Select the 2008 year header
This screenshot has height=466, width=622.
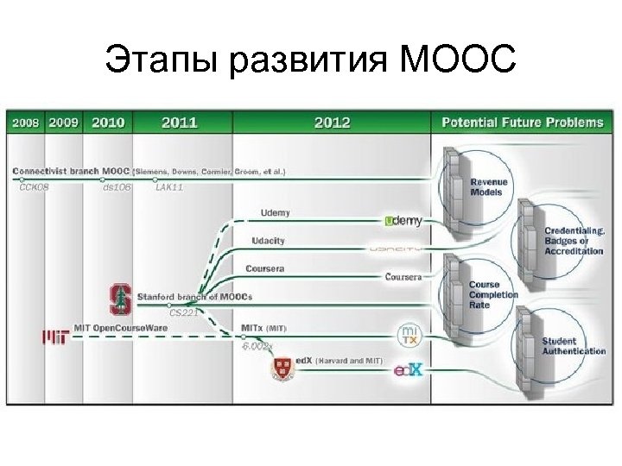25,123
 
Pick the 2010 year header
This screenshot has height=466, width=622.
107,123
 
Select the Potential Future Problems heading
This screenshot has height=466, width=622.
523,123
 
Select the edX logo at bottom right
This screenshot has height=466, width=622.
408,371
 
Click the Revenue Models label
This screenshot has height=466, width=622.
488,187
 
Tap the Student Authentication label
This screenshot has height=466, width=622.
573,346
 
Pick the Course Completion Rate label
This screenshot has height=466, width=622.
492,294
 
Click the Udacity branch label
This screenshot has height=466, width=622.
267,240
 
